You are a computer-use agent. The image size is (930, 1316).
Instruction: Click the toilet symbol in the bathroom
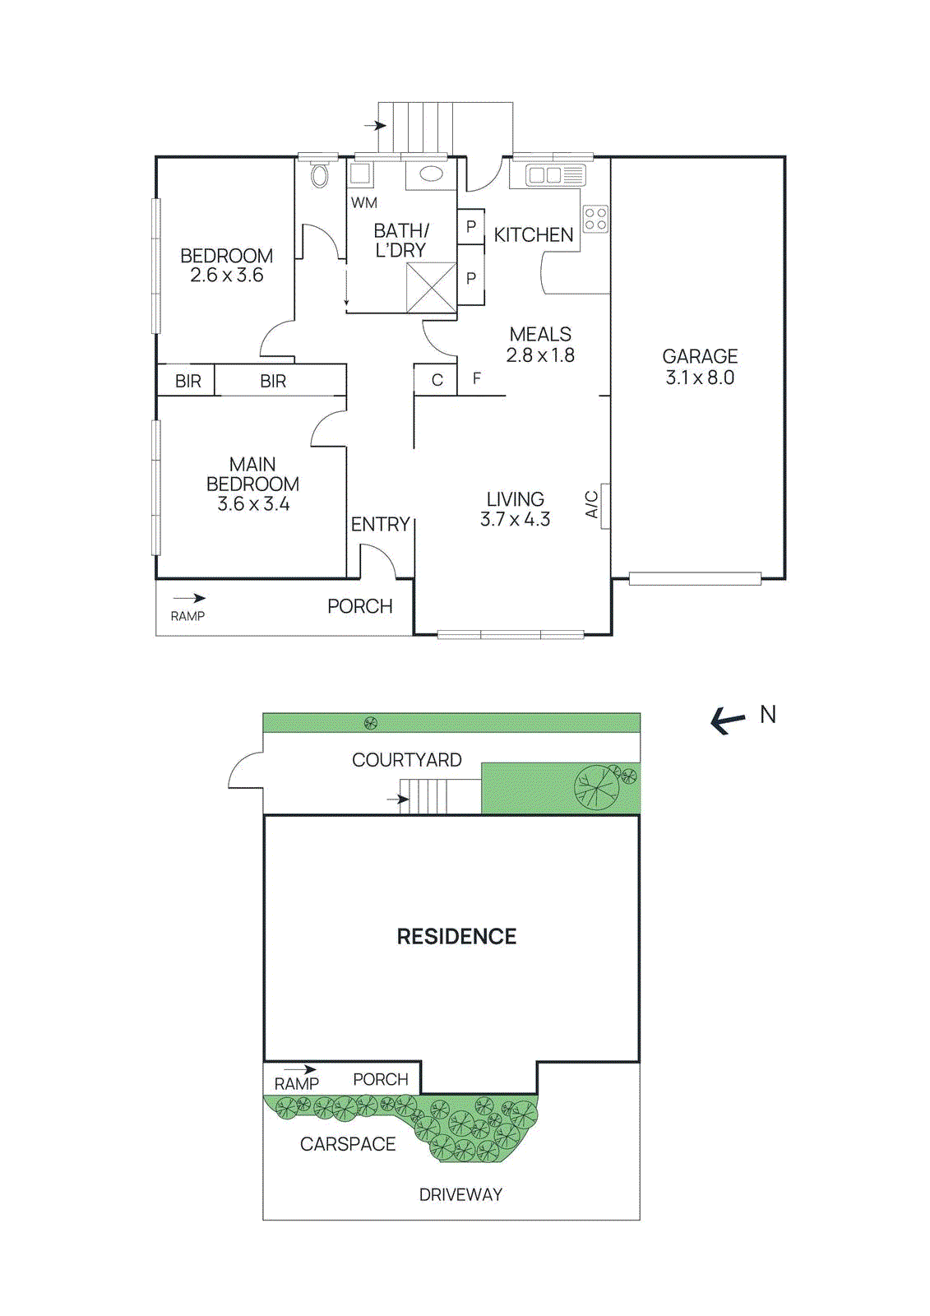coord(320,175)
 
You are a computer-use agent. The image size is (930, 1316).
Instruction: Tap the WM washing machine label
coord(363,202)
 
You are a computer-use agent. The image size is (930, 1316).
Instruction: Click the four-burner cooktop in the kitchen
coord(595,219)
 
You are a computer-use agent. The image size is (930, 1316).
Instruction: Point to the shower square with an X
coord(431,287)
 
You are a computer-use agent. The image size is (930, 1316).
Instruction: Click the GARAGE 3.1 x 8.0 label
coord(700,367)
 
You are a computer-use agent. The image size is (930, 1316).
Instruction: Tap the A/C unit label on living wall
coord(591,504)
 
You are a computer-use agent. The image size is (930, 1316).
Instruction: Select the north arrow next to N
coord(728,721)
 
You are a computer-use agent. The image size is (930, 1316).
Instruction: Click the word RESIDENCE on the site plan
coord(456,937)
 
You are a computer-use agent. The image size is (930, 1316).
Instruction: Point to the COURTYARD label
coord(406,760)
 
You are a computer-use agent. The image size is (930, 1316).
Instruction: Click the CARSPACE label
coord(348,1144)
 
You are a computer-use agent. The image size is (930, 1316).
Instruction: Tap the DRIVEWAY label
coord(460,1194)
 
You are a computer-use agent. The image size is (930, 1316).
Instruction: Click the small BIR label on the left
coord(187,381)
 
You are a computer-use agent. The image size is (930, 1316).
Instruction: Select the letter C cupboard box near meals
coord(437,380)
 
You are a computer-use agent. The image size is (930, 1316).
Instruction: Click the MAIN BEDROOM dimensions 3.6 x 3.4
coord(253,504)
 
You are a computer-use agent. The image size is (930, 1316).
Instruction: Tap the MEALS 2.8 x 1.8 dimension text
coord(540,355)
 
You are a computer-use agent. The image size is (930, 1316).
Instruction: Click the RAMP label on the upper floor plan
coord(187,616)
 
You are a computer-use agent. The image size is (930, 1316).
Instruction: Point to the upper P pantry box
coord(470,226)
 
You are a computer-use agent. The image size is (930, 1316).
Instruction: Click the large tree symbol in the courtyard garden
coord(597,786)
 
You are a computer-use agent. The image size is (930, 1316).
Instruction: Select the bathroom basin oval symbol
coord(431,174)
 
